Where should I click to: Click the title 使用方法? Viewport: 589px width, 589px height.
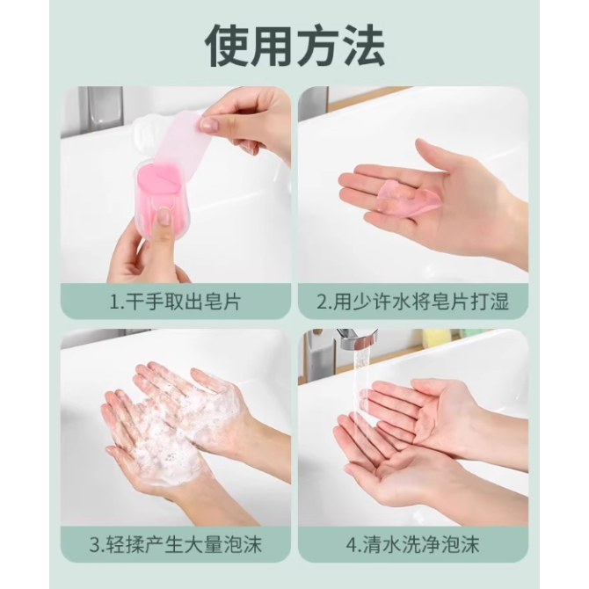pos(294,46)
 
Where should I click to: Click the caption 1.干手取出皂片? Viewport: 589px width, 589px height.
pos(176,302)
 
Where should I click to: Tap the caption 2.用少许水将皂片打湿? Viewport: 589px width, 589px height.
pos(413,302)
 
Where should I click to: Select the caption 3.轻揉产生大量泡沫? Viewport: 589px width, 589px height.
pos(176,545)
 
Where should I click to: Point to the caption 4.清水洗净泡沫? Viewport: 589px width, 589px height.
pos(413,545)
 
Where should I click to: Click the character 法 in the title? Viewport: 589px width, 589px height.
pos(363,46)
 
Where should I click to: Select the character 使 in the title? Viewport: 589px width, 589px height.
pos(227,46)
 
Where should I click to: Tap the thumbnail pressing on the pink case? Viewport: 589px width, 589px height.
pos(163,216)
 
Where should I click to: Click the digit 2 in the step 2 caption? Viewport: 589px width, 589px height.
pos(323,302)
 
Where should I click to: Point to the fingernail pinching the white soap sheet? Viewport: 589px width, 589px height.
pos(206,123)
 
